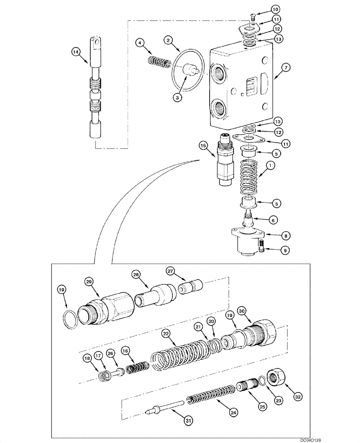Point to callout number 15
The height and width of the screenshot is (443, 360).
point(203,145)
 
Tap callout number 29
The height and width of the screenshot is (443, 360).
point(89,282)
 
